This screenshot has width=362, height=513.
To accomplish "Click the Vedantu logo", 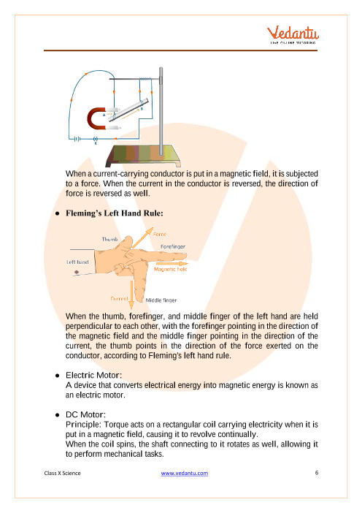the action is pos(293,34).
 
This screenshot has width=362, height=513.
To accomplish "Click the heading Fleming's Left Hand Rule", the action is pos(115,213).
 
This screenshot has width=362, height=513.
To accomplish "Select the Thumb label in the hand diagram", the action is pos(109,239).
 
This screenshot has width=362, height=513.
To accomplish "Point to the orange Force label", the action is pos(160,235).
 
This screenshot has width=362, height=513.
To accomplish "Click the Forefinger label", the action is pos(173,246).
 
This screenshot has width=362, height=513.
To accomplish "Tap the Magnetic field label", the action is pos(171,269).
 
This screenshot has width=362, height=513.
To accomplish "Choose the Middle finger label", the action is pos(161,300).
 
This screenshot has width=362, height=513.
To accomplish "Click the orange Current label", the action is pos(119,299).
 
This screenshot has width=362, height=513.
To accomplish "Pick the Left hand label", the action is pos(77,262).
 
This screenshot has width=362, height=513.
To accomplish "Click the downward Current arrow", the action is pos(131,294).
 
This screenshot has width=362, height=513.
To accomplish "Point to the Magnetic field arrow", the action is pos(172,263).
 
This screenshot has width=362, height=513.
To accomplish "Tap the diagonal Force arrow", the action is pos(143,237).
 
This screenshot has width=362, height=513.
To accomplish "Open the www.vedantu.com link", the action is pos(185,473).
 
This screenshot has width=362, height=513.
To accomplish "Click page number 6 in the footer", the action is pos(317,473).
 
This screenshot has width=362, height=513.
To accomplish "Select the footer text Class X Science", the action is pos(63,473).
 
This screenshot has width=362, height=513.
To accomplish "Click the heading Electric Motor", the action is pos(93,376).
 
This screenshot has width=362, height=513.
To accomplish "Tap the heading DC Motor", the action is pos(86,414).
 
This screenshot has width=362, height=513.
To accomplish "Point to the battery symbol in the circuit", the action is pos(77,139).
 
